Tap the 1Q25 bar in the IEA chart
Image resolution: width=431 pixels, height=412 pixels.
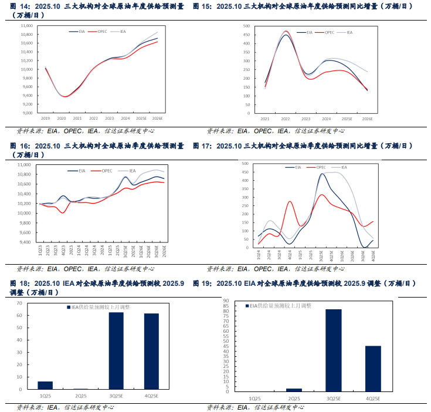[x=45, y=385]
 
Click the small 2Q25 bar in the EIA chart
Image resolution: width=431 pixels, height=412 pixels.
[x=294, y=390]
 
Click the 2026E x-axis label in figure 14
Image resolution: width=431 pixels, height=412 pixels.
[x=158, y=118]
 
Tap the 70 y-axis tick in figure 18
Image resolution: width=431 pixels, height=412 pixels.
[x=19, y=303]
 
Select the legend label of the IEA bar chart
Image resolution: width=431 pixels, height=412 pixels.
[x=90, y=307]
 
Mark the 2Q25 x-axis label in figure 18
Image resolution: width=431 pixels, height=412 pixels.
[x=81, y=396]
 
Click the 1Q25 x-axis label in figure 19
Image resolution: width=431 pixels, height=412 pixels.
[x=255, y=399]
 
